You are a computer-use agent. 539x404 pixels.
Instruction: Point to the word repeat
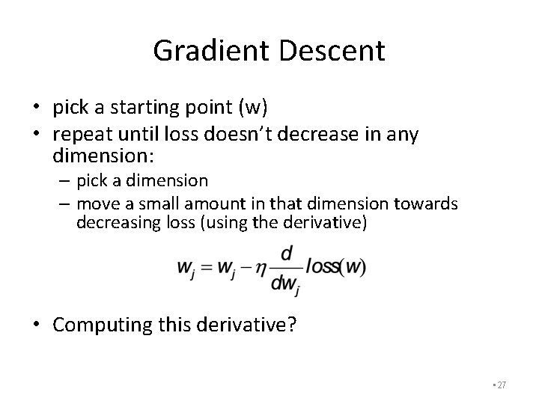[81, 135]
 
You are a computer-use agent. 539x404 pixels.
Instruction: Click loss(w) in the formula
[335, 267]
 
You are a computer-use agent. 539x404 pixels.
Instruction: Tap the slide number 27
[502, 385]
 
